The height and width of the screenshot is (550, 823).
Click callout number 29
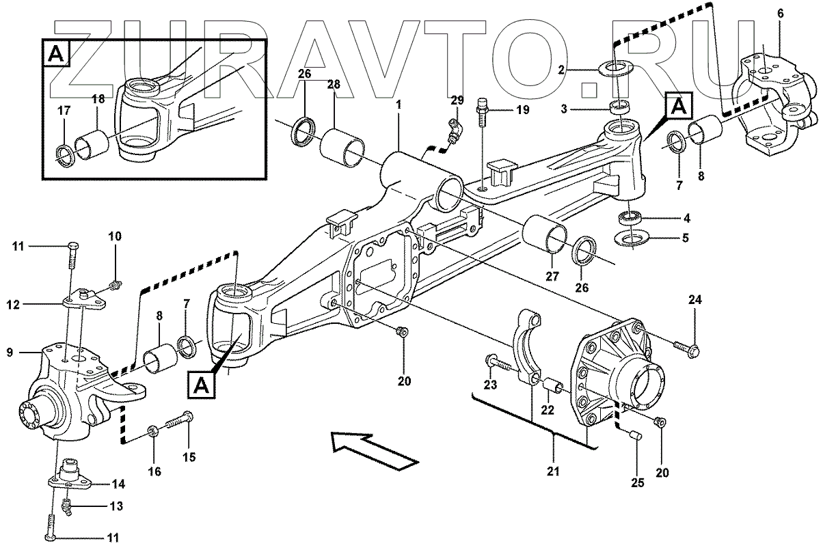pos(457,100)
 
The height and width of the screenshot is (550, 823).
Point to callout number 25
pos(637,484)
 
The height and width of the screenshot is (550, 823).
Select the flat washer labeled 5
pos(634,238)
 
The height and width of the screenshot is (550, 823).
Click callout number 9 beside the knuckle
pos(10,353)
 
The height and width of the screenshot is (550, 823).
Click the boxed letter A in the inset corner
pos(58,54)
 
